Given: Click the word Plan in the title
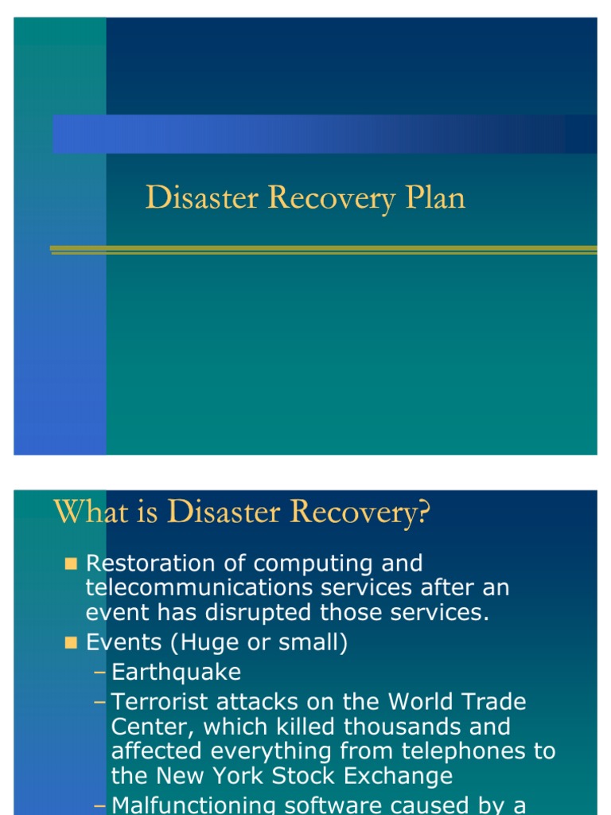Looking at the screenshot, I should pyautogui.click(x=435, y=198).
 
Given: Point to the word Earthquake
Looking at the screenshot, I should pyautogui.click(x=176, y=673).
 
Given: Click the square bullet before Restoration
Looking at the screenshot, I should pyautogui.click(x=71, y=564).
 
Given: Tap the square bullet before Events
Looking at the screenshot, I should pyautogui.click(x=71, y=643).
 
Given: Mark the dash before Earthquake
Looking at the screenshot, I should pyautogui.click(x=99, y=673).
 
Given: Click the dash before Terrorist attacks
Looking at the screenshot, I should pyautogui.click(x=99, y=703).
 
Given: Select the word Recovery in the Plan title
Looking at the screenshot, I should pyautogui.click(x=332, y=198).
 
